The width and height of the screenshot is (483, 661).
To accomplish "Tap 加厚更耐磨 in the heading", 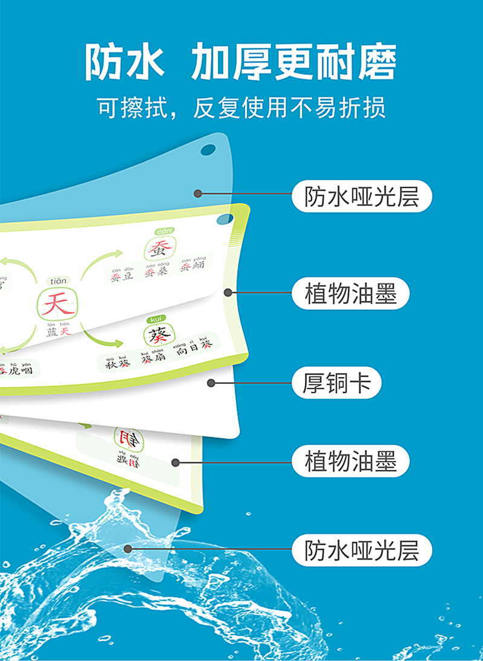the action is point(293,63).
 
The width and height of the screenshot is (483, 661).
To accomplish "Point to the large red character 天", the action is point(57,303).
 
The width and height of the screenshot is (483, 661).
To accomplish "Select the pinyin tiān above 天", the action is point(59,280).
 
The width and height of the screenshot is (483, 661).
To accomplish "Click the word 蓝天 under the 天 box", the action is point(59,332).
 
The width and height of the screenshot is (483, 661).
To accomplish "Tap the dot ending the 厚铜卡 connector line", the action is point(211,382).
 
